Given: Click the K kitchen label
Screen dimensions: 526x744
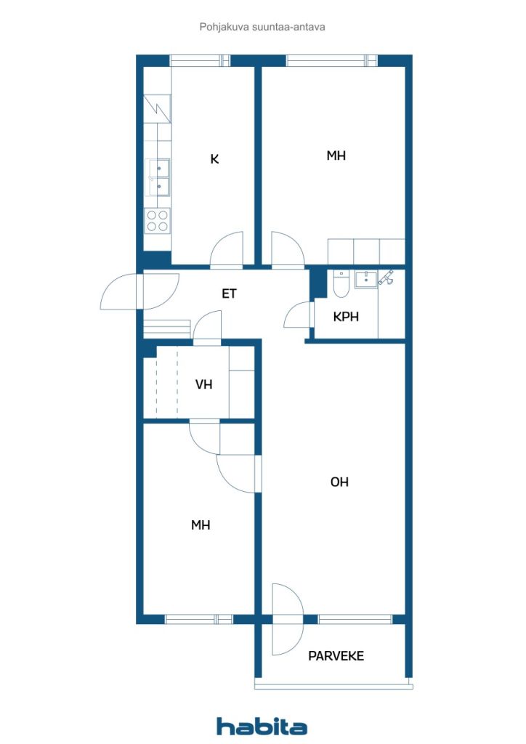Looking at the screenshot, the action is pyautogui.click(x=214, y=159).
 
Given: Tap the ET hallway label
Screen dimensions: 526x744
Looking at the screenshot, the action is pyautogui.click(x=229, y=294).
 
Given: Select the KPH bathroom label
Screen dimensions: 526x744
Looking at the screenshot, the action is pyautogui.click(x=346, y=317).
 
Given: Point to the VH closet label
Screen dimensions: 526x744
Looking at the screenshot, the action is pyautogui.click(x=204, y=384).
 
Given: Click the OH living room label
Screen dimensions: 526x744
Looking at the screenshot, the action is pyautogui.click(x=339, y=482).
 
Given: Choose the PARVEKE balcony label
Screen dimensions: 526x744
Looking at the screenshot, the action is pyautogui.click(x=336, y=656).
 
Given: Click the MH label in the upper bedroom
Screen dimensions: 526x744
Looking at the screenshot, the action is pyautogui.click(x=336, y=155).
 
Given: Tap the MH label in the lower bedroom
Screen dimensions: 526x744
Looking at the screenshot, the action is pyautogui.click(x=201, y=525).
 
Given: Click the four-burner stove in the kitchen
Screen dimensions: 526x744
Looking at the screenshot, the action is pyautogui.click(x=158, y=221).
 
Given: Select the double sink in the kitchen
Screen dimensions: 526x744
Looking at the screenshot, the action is pyautogui.click(x=158, y=177).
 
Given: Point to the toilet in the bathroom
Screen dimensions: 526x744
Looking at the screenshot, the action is pyautogui.click(x=340, y=284).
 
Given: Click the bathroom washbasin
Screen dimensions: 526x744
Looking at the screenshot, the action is pyautogui.click(x=365, y=279).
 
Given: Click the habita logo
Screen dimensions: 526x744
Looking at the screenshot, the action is pyautogui.click(x=262, y=727).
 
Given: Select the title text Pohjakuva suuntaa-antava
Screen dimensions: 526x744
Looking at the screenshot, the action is pyautogui.click(x=262, y=27).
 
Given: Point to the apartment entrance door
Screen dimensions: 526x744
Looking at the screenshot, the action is pyautogui.click(x=140, y=291).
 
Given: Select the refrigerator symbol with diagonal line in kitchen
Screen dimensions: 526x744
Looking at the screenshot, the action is pyautogui.click(x=158, y=109).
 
